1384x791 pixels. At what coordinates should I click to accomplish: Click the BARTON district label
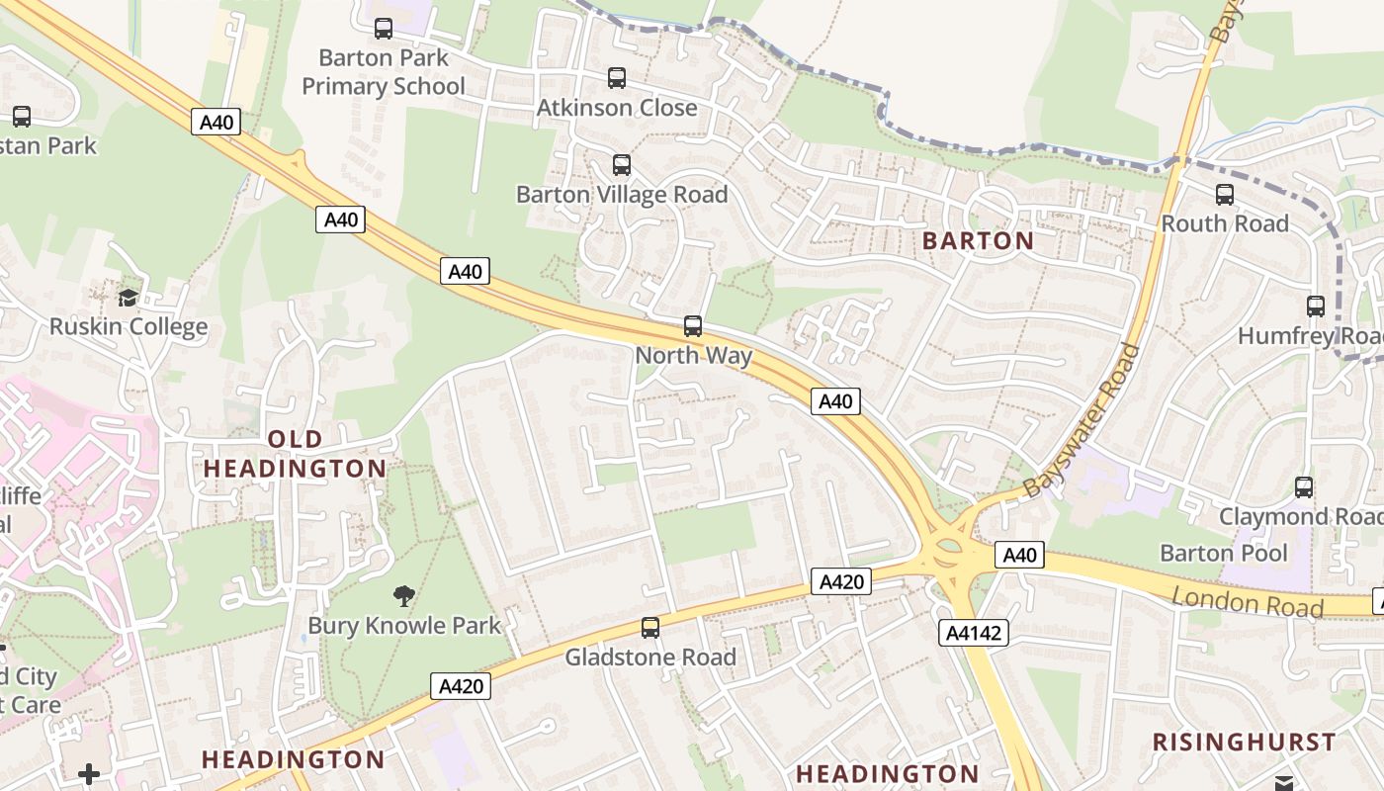978,240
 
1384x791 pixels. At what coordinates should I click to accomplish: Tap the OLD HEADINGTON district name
295,454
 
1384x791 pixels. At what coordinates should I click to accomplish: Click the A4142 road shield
973,633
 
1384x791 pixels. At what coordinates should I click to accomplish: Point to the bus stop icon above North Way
693,326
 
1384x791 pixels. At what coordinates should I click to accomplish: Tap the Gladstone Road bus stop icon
649,628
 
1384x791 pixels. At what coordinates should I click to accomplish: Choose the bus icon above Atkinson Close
617,78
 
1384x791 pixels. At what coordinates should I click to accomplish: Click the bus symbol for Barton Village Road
621,165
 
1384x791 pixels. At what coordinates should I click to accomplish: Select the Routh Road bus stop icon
1225,195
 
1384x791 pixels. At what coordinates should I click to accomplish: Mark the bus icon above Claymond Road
1304,487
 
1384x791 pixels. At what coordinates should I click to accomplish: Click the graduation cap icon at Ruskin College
128,298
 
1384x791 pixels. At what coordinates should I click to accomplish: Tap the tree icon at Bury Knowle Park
403,595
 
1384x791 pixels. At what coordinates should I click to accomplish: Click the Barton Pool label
1224,553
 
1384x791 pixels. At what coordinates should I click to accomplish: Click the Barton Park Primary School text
383,72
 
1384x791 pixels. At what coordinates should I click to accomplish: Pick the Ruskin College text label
129,326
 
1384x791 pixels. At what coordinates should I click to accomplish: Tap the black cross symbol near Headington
89,773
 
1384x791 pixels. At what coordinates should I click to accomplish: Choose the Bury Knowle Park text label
404,625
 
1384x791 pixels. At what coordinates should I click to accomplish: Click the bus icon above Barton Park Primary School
383,29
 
